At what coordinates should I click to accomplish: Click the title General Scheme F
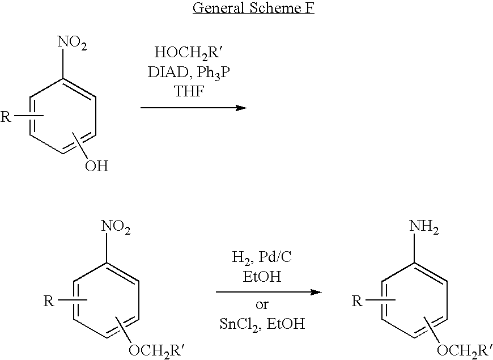[x=253, y=9]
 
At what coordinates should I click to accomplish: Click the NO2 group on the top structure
[x=72, y=43]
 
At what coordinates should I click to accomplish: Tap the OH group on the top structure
[x=96, y=166]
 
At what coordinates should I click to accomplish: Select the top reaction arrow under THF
[x=193, y=107]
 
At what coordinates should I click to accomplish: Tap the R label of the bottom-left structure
[x=49, y=301]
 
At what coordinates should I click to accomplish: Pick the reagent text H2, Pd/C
[x=262, y=258]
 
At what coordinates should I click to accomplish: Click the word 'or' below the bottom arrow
[x=262, y=305]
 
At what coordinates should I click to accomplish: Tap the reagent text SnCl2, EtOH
[x=262, y=324]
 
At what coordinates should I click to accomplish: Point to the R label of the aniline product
[x=357, y=301]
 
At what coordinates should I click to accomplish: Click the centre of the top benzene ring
[x=62, y=118]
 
